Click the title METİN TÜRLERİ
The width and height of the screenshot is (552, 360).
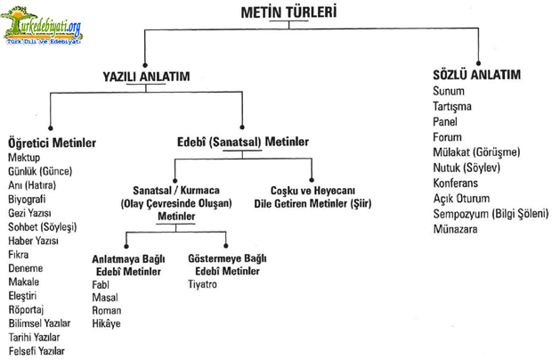(288, 12)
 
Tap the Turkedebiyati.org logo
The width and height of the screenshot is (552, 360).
(42, 26)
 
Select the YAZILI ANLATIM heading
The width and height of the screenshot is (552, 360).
(146, 77)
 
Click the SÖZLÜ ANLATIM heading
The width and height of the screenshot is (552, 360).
(476, 75)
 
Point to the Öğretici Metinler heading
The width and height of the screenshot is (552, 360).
(53, 143)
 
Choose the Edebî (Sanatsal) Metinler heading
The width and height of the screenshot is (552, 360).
(243, 142)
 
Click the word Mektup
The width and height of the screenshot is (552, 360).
(24, 158)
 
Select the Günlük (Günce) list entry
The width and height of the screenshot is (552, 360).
(40, 171)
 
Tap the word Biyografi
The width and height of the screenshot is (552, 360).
(27, 200)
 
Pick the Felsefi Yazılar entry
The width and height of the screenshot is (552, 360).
(37, 351)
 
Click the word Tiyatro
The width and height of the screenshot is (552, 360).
(202, 284)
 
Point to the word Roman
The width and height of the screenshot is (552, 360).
(107, 310)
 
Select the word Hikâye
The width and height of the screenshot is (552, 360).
(106, 323)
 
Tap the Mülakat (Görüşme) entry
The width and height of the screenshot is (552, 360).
(476, 152)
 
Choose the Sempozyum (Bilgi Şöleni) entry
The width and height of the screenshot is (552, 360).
(491, 214)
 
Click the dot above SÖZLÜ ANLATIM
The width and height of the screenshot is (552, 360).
(478, 63)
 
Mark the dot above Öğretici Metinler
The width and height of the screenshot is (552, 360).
(51, 128)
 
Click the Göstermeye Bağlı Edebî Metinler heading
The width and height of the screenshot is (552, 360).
(227, 265)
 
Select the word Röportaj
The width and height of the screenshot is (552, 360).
(26, 309)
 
